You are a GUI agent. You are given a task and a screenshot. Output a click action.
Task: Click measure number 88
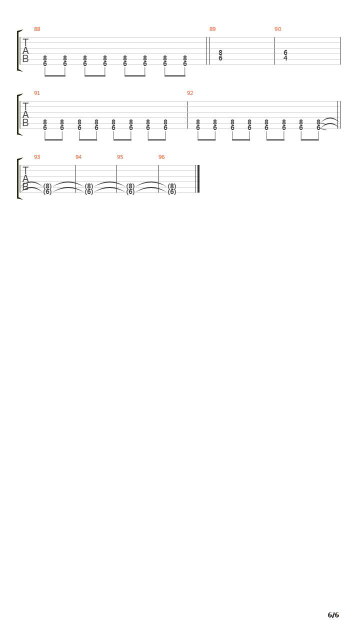pos(37,29)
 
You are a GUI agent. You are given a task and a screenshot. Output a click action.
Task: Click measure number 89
pos(212,29)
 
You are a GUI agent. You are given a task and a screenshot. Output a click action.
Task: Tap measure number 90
pos(277,29)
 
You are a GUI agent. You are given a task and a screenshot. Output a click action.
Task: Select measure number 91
pos(37,93)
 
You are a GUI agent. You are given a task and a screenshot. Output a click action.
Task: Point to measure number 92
pos(190,93)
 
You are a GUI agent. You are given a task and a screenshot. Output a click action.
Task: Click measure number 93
pos(37,157)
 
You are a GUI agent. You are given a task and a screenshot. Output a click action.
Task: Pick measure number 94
pos(78,157)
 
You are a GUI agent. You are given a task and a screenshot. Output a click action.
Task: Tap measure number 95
pos(120,157)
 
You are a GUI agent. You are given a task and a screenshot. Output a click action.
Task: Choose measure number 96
pos(161,157)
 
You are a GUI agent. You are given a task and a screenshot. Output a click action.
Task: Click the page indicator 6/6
pos(333,615)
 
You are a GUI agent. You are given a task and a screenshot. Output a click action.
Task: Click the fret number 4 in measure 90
pos(285,58)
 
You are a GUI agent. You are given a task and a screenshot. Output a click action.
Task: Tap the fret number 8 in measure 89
pos(220,53)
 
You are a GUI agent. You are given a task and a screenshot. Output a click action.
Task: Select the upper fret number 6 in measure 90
pos(285,53)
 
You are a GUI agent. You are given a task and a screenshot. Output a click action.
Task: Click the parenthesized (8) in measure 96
pos(171,186)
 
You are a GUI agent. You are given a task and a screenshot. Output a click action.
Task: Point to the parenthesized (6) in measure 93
pos(47,192)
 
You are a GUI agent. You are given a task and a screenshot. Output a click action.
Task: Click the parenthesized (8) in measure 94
pos(89,186)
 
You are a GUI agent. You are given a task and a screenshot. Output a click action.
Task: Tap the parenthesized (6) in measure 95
pos(130,192)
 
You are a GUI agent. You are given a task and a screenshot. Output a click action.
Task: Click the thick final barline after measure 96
pos(198,179)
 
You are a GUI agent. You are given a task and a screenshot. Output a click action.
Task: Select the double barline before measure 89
pos(207,51)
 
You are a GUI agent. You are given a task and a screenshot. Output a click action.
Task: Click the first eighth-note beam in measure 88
pos(55,76)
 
